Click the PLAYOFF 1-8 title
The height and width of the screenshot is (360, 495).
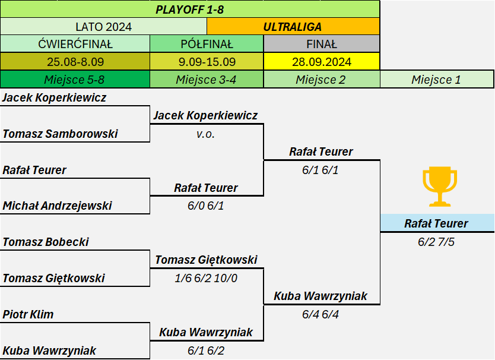[190, 10]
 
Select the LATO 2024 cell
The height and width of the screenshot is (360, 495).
[103, 27]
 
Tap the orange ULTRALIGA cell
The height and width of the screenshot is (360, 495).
[293, 27]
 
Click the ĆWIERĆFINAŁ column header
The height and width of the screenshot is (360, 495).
[75, 44]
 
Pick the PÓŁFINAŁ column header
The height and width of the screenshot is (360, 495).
[207, 44]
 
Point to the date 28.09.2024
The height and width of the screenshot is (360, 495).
[321, 62]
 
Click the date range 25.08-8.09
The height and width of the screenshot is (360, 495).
[75, 62]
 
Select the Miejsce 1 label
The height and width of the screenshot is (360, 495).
[436, 80]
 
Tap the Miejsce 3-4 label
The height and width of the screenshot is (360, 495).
[206, 80]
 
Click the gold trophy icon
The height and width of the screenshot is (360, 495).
[440, 187]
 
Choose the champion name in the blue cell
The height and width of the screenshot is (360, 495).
[436, 223]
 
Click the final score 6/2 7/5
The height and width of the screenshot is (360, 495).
[436, 242]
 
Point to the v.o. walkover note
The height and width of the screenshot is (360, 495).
[205, 134]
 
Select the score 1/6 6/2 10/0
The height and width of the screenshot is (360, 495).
[206, 278]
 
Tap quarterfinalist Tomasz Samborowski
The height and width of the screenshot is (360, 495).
[60, 134]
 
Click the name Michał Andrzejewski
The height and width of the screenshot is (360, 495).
[57, 206]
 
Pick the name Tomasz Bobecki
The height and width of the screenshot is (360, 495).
[46, 242]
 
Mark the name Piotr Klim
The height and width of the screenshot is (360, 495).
[28, 314]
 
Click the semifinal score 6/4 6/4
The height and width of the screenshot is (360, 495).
[320, 314]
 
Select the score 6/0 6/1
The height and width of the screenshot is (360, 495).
[206, 206]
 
